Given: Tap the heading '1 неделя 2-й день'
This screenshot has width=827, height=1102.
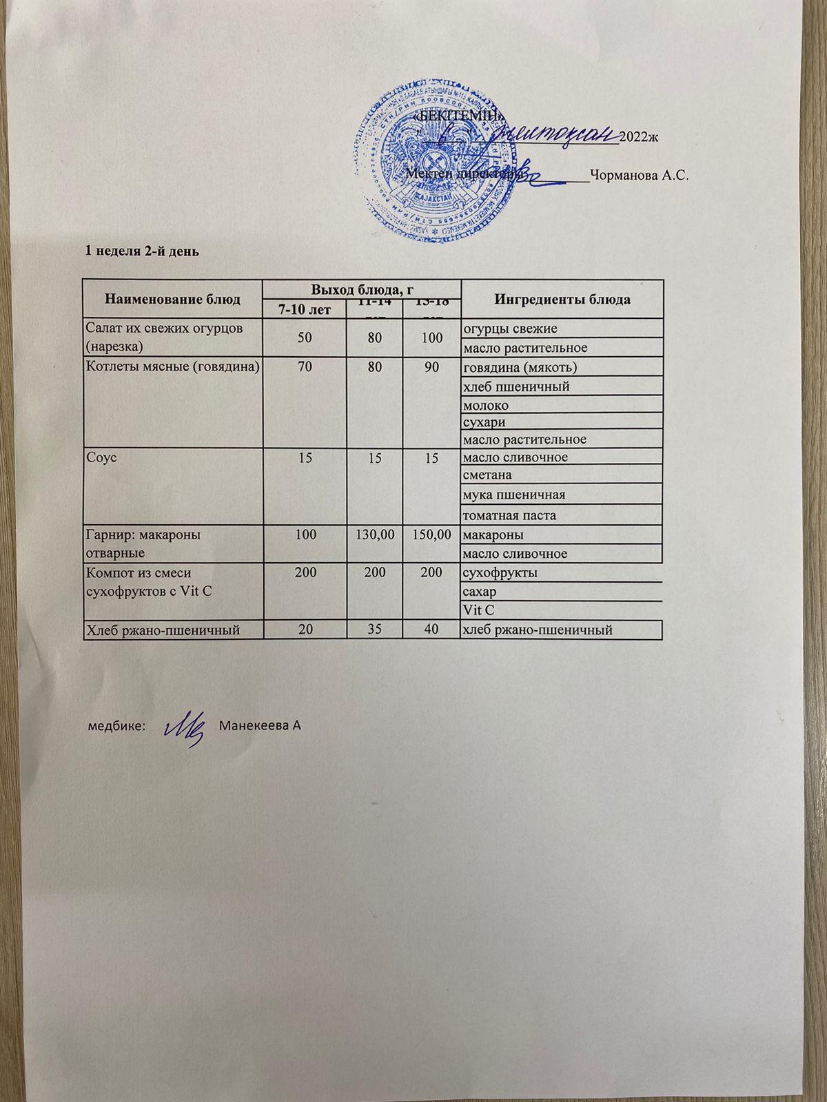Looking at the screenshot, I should [x=141, y=251].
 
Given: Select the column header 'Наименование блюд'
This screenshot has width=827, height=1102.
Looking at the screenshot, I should [x=173, y=299].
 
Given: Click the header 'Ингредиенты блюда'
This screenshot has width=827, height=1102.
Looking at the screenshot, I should [x=562, y=300].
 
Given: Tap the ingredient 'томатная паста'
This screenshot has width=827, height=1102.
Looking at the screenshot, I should [x=510, y=515].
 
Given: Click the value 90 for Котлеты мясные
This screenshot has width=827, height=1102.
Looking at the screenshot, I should [x=432, y=367].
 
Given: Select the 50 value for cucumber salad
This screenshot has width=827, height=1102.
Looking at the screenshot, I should [x=305, y=337].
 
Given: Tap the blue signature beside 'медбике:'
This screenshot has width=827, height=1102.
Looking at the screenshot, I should [x=184, y=727].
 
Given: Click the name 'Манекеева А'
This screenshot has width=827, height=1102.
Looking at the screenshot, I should [x=260, y=726].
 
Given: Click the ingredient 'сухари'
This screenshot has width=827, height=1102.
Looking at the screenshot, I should [x=486, y=422].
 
